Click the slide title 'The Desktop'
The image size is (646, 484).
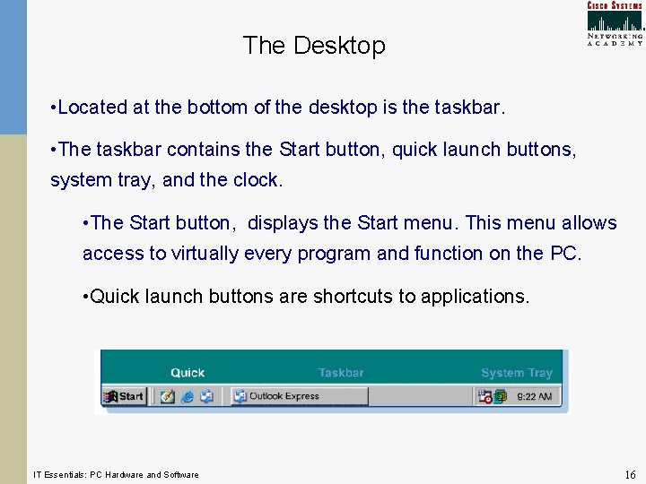tap(313, 46)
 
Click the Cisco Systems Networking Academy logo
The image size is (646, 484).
tap(615, 23)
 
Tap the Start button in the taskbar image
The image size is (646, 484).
tap(125, 396)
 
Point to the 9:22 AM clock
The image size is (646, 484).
tap(534, 396)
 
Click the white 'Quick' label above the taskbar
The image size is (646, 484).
tap(188, 373)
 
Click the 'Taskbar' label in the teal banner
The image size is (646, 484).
tap(341, 373)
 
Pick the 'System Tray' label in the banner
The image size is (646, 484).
tap(516, 373)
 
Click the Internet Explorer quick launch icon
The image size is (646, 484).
tap(188, 396)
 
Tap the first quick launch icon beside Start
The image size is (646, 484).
tap(167, 396)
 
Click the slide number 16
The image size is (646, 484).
tap(629, 473)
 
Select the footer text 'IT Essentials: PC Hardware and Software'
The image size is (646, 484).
tap(116, 474)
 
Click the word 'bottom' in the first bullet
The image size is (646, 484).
tap(215, 108)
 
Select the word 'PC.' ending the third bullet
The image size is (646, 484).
tap(565, 254)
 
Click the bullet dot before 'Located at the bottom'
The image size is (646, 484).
tap(54, 108)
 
